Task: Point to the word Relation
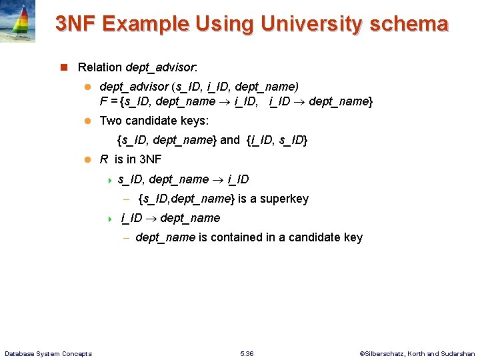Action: coord(100,67)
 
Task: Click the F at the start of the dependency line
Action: coord(103,101)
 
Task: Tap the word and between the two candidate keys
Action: coord(229,140)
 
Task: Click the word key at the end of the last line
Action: coord(353,237)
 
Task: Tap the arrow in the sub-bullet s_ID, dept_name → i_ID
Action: coord(218,179)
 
